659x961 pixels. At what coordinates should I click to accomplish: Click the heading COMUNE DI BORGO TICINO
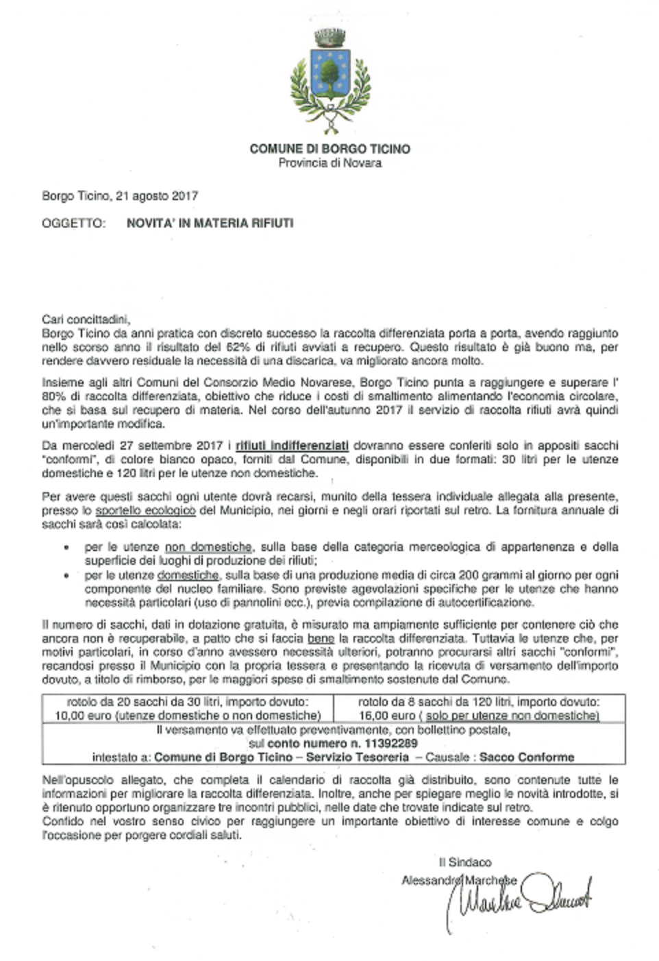click(x=329, y=149)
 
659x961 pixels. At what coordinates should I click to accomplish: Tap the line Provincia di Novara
click(x=329, y=163)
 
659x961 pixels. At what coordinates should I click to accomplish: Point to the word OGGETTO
click(x=73, y=223)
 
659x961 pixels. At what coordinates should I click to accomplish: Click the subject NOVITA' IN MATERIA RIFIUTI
click(x=210, y=223)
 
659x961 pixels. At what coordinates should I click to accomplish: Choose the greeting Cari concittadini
click(x=86, y=319)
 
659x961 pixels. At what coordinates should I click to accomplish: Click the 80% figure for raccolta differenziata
click(x=53, y=396)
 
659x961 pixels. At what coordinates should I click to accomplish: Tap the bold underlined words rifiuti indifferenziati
click(x=292, y=446)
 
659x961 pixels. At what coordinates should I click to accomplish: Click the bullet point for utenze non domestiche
click(x=66, y=548)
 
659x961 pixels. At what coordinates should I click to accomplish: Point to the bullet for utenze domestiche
click(x=66, y=576)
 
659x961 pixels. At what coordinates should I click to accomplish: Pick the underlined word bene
click(x=321, y=639)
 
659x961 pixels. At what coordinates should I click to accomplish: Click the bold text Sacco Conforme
click(x=527, y=757)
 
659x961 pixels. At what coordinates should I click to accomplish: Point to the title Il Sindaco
click(x=465, y=862)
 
